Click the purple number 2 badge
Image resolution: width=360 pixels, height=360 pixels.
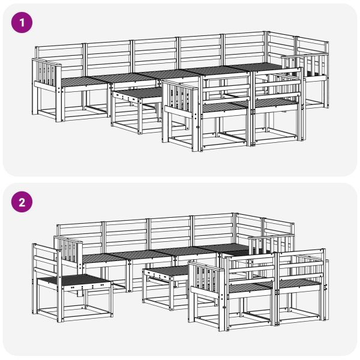[x=23, y=202]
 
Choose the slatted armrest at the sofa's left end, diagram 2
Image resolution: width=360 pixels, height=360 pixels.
[x=69, y=251]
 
